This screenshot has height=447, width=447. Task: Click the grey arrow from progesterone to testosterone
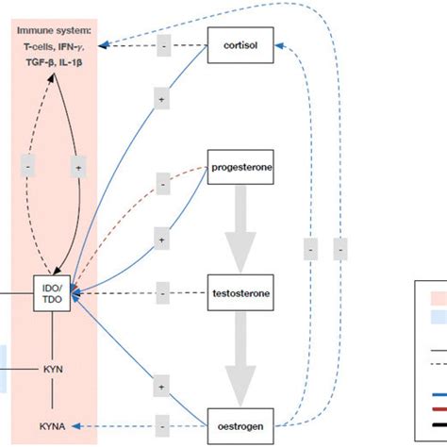tap(240, 226)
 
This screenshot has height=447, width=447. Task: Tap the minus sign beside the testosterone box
tap(161, 295)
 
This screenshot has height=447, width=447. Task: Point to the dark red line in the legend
tap(437, 408)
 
